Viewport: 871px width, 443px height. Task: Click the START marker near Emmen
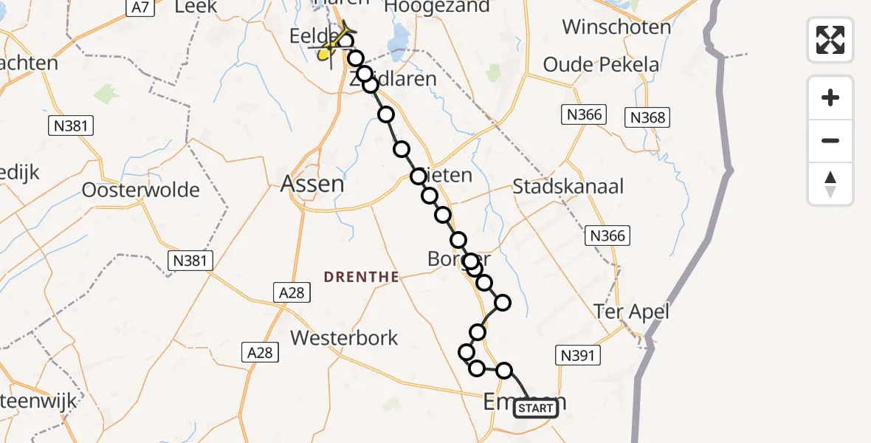[536, 408]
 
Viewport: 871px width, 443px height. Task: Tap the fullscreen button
[830, 40]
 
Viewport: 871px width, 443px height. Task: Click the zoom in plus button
[830, 97]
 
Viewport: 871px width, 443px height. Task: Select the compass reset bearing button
[830, 184]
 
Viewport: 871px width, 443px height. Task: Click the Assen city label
[312, 183]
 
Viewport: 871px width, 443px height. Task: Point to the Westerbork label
[344, 338]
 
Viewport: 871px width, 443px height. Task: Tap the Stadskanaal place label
[568, 186]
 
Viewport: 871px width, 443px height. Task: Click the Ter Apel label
[633, 312]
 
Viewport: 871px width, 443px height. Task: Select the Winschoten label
[616, 27]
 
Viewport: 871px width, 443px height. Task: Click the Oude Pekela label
[601, 64]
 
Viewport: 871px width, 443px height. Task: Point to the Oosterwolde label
[141, 190]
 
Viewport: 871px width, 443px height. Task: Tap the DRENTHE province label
[362, 277]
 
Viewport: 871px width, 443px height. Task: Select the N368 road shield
[647, 117]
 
